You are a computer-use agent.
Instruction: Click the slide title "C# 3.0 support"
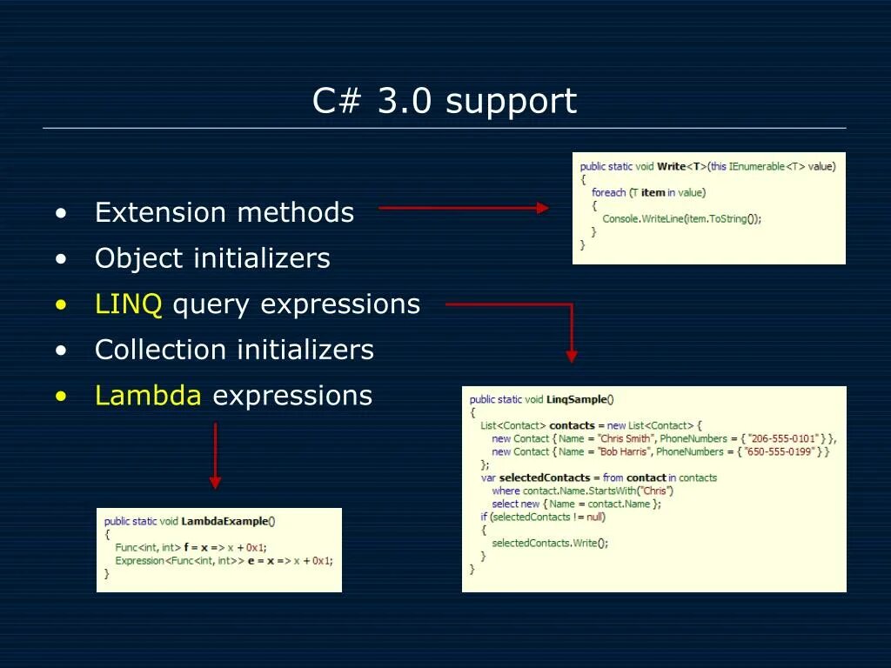445,102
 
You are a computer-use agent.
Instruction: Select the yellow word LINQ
128,304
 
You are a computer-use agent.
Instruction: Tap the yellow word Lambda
148,396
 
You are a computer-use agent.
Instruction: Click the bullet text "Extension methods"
224,212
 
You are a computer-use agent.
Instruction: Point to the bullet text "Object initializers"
212,258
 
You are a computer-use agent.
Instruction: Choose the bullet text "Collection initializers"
234,350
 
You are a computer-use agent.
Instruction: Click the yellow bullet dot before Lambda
60,397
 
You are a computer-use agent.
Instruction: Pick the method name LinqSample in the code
577,399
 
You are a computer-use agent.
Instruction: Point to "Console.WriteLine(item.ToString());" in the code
681,218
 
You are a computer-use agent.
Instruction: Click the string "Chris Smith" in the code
625,438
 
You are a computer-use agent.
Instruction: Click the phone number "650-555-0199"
780,451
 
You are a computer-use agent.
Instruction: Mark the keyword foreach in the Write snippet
608,192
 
